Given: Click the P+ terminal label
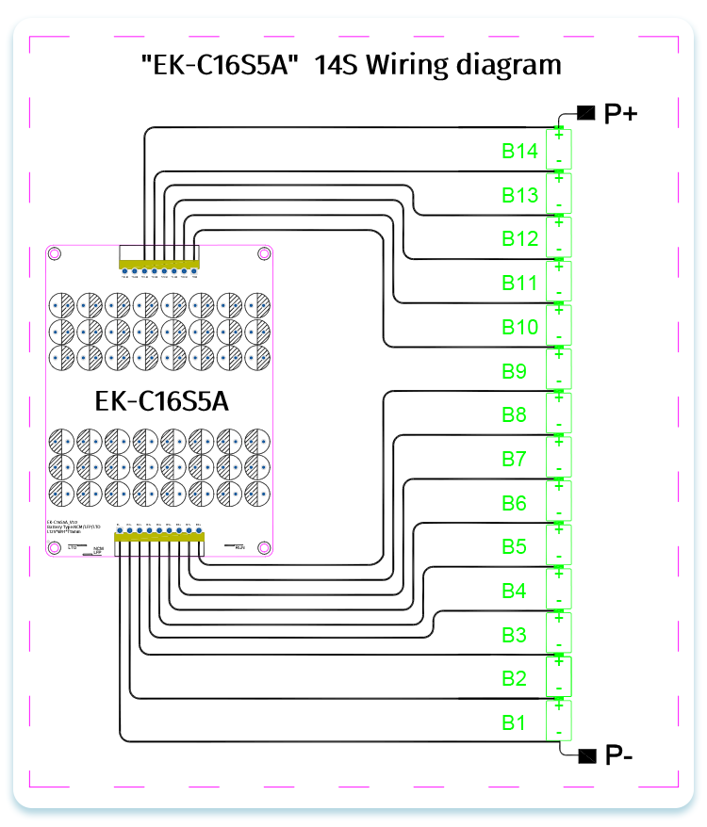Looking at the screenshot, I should point(620,114).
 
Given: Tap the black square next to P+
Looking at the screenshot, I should point(586,114).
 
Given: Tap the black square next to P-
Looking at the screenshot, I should point(587,755).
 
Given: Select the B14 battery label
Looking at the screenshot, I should point(519,151).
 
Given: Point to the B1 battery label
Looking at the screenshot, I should point(514,723).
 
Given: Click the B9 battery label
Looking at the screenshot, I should point(514,371).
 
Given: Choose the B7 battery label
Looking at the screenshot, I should point(514,459).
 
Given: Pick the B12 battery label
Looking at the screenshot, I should point(519,239).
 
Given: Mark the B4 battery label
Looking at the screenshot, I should point(514,591).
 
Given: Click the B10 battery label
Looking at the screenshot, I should point(519,327).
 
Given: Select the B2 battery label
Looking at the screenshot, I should point(514,679).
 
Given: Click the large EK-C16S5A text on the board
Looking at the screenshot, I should point(162,400).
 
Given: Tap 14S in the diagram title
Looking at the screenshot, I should point(335,66).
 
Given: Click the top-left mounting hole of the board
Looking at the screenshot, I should point(56,253).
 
